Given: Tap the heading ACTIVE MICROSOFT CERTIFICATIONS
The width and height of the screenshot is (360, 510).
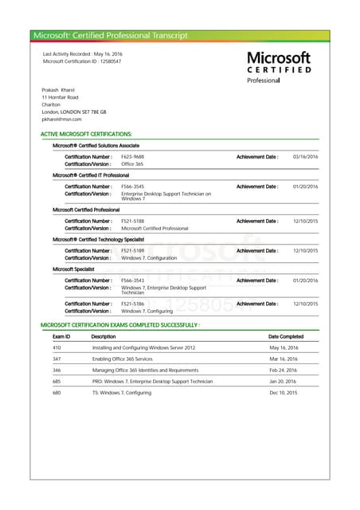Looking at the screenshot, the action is (86, 135).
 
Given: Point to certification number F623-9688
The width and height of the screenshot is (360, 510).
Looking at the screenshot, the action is (132, 156).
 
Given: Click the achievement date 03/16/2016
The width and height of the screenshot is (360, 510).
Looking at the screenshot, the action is (305, 156).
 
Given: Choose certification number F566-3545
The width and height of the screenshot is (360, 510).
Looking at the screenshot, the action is (132, 186).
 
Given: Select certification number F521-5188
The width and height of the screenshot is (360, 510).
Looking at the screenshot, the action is (132, 221).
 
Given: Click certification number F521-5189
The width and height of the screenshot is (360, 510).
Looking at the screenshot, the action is (132, 250).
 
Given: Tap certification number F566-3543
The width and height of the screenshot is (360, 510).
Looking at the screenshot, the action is (132, 280).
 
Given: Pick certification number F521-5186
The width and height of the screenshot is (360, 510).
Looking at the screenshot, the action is (132, 304).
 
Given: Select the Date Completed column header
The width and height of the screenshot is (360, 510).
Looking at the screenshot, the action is (286, 336).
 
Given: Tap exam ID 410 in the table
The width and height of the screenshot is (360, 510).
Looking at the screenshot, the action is (57, 348).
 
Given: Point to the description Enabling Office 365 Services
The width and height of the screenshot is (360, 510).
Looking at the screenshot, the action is (123, 359).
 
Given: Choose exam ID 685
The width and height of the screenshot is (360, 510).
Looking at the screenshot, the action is (57, 382).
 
